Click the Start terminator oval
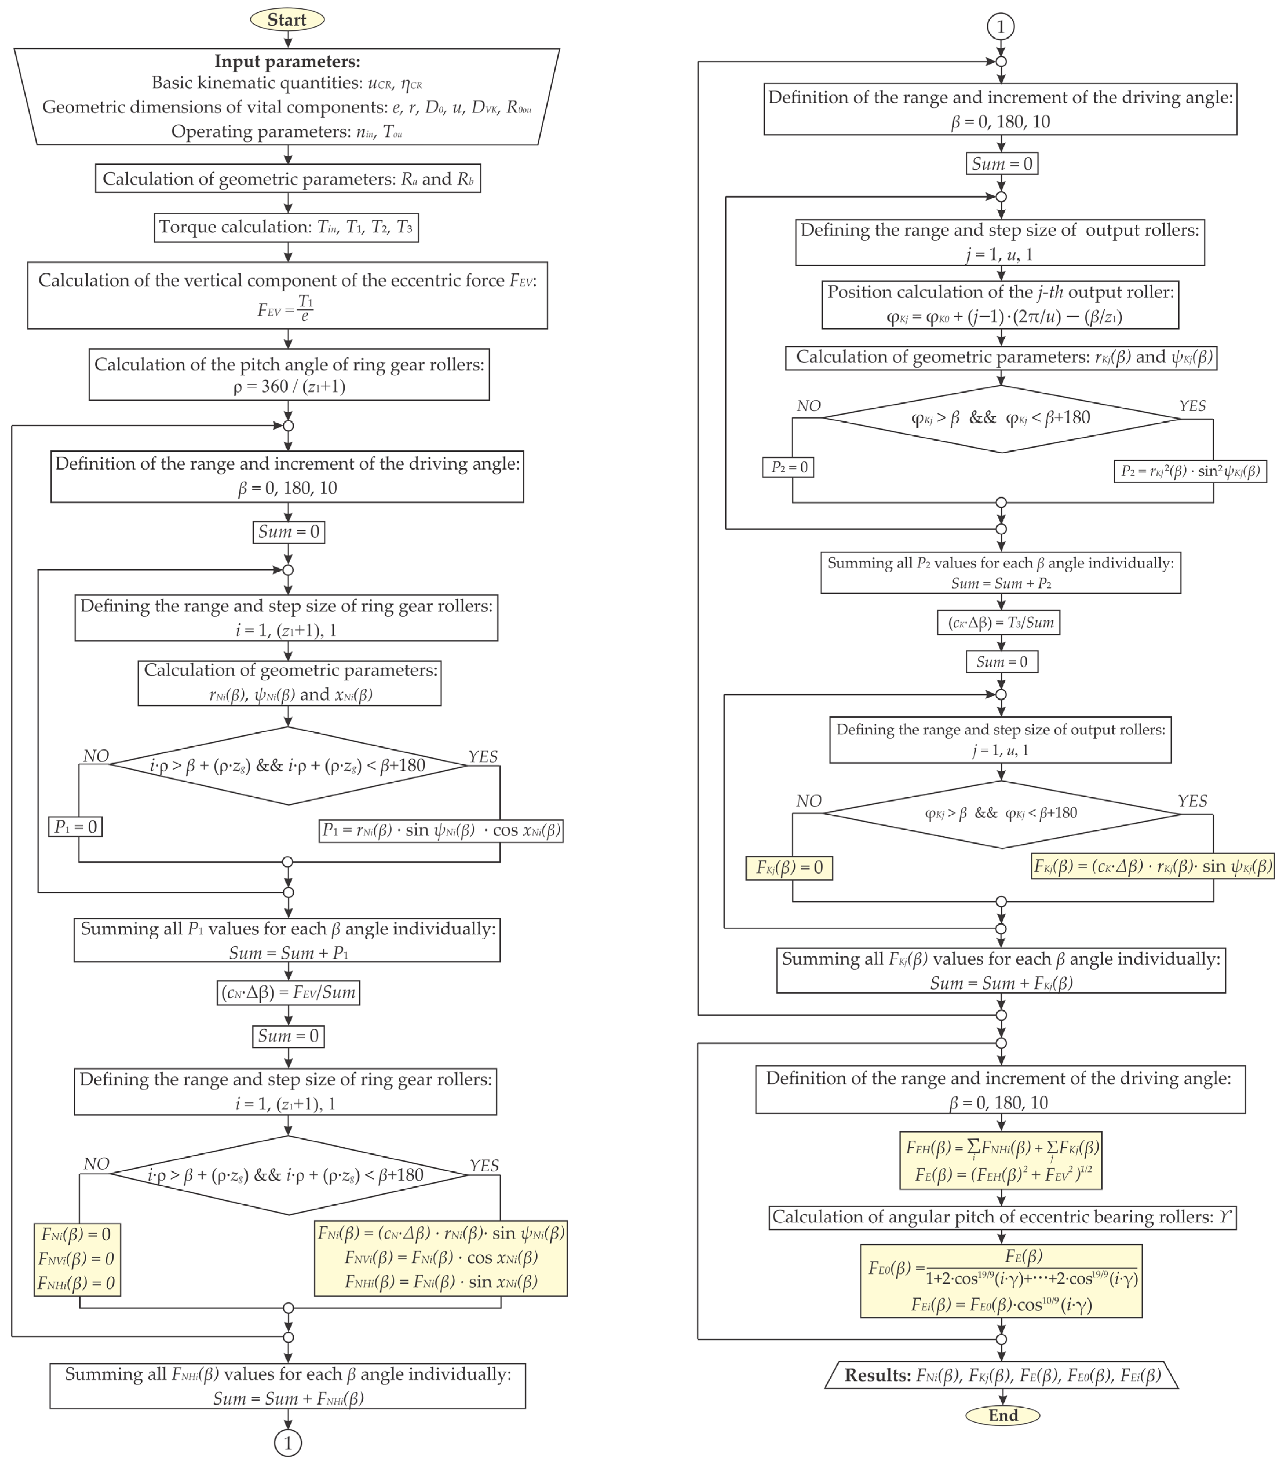pyautogui.click(x=287, y=19)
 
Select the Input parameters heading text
pyautogui.click(x=287, y=62)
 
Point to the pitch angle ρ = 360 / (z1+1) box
pyautogui.click(x=289, y=375)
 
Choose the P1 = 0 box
pyautogui.click(x=75, y=826)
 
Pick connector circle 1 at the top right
pyautogui.click(x=1001, y=27)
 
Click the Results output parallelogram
pyautogui.click(x=1001, y=1375)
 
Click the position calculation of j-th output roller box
pyautogui.click(x=1000, y=304)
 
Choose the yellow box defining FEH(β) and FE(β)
pyautogui.click(x=1000, y=1160)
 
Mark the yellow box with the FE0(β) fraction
pyautogui.click(x=1001, y=1281)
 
